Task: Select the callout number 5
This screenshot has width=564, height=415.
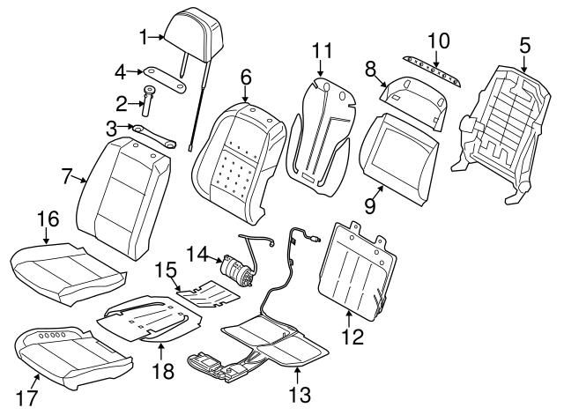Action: (x=524, y=45)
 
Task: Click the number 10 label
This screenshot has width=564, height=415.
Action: (x=438, y=41)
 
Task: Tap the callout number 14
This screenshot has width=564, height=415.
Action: (x=198, y=255)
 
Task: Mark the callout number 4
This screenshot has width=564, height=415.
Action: (x=122, y=70)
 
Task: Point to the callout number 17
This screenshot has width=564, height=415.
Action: (x=27, y=398)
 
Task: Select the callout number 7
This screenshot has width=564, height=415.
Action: (x=68, y=175)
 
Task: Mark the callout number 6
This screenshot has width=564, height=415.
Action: (x=246, y=78)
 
